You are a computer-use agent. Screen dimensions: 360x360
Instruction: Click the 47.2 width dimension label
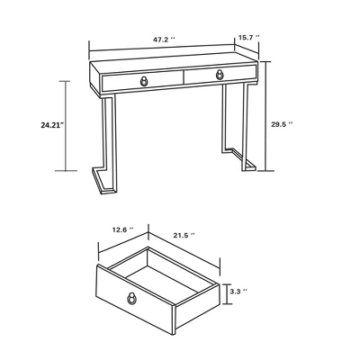(164, 40)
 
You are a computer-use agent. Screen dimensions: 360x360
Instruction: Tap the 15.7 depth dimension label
(248, 37)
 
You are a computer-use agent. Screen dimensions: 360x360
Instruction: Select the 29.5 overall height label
(282, 124)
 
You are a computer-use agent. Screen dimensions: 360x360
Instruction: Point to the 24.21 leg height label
(53, 125)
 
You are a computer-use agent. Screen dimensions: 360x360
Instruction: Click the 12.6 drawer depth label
(123, 230)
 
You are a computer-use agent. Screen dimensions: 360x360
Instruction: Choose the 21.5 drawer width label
(184, 236)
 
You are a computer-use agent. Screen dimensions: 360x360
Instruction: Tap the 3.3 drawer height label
(238, 292)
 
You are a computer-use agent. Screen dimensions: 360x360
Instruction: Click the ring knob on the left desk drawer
(145, 81)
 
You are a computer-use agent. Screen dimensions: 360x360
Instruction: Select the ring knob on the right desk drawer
(220, 75)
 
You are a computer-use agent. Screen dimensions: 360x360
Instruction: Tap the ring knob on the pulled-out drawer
(131, 298)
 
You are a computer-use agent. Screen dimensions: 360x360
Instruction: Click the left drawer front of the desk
(142, 81)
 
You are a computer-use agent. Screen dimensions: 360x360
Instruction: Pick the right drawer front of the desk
(220, 75)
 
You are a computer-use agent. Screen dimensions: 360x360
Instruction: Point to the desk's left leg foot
(103, 181)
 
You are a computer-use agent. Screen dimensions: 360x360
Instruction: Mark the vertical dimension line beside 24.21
(66, 126)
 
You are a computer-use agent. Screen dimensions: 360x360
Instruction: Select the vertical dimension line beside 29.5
(265, 116)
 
